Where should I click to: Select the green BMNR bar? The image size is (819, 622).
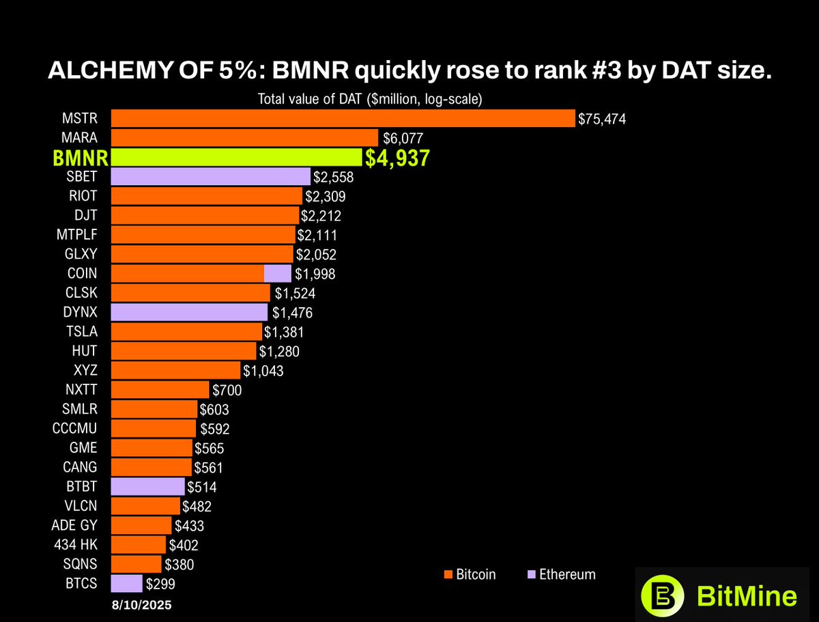tap(236, 158)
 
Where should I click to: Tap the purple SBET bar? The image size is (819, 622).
tap(210, 177)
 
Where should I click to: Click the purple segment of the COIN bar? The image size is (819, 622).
tap(277, 274)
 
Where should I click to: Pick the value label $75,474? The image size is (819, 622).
tap(602, 119)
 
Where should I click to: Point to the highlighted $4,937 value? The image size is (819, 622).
tap(397, 158)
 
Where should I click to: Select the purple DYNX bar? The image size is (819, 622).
tap(189, 313)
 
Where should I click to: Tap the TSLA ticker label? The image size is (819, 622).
tap(81, 332)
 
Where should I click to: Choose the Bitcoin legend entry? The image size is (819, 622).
tap(470, 574)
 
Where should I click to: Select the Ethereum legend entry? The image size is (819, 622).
tap(561, 574)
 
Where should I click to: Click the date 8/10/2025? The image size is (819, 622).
tap(142, 605)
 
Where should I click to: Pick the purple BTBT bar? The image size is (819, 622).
tap(147, 487)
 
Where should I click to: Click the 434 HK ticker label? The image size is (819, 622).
tap(75, 545)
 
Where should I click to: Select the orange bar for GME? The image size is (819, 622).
tap(151, 448)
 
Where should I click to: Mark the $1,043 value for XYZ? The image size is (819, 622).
tap(263, 371)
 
